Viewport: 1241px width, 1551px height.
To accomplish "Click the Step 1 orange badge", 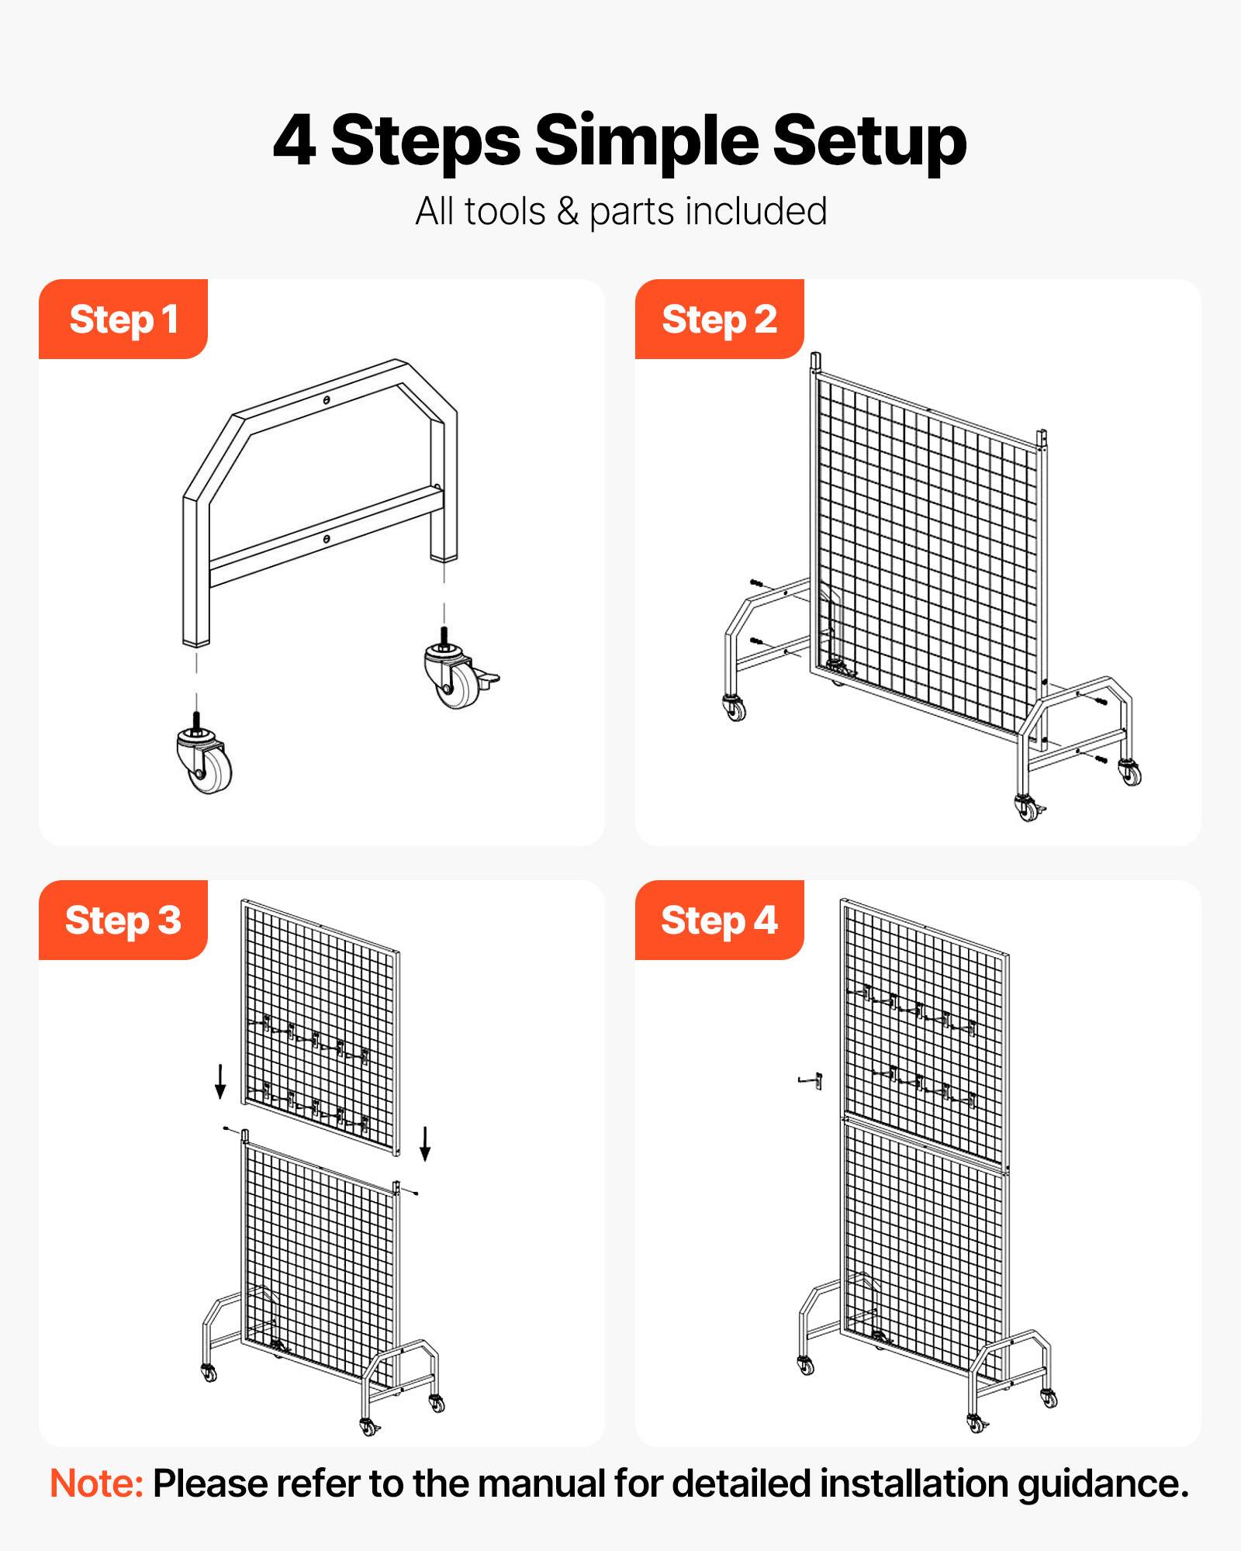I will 123,319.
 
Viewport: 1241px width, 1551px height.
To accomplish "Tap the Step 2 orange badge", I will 719,319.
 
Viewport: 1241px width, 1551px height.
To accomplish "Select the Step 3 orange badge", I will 123,920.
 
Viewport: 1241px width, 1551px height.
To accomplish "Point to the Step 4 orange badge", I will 719,920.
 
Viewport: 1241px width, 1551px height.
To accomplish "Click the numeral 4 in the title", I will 295,141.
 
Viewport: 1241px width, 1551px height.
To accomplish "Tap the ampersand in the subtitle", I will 568,212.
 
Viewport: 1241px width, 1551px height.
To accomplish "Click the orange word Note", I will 96,1484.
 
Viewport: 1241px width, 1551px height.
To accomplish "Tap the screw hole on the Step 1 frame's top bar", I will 327,400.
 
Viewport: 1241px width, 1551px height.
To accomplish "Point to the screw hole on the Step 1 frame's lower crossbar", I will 327,538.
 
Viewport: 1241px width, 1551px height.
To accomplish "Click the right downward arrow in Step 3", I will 425,1143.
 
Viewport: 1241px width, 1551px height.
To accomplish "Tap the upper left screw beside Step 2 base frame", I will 756,582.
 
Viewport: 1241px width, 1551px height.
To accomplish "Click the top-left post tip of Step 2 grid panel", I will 815,361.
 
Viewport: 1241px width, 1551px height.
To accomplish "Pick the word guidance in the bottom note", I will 1102,1484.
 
